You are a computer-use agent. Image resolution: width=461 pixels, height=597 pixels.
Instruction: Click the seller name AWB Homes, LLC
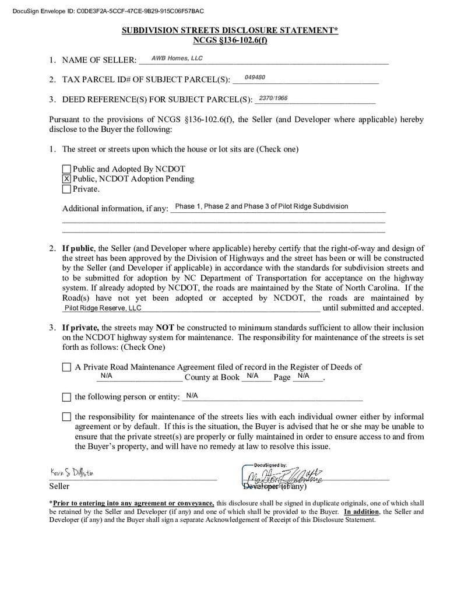[177, 58]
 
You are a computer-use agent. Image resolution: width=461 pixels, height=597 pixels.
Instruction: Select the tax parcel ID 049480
[255, 78]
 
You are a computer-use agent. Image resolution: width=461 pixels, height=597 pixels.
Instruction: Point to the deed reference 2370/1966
[273, 98]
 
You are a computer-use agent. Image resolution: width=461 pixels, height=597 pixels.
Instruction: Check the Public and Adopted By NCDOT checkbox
[66, 169]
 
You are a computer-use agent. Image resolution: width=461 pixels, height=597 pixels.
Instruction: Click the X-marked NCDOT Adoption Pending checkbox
[66, 179]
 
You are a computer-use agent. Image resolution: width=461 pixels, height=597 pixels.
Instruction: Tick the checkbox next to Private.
[66, 189]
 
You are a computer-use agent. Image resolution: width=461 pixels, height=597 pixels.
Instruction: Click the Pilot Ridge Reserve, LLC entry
[103, 308]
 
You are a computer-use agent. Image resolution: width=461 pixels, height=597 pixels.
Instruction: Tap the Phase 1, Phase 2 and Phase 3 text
[261, 206]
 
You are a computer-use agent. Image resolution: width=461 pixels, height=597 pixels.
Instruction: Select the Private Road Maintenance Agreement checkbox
[66, 367]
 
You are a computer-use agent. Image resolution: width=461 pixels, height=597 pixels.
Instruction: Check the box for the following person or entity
[66, 397]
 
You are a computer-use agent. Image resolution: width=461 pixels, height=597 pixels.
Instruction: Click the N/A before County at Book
[106, 376]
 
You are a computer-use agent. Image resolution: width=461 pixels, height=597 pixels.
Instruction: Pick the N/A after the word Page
[303, 376]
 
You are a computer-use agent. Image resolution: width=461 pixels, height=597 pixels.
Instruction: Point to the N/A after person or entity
[192, 395]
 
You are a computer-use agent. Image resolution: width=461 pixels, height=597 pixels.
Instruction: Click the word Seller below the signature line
[59, 486]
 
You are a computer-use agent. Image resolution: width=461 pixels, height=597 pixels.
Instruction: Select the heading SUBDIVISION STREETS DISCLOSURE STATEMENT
[230, 30]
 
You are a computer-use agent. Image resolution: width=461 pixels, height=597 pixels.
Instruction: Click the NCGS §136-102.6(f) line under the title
[230, 40]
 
